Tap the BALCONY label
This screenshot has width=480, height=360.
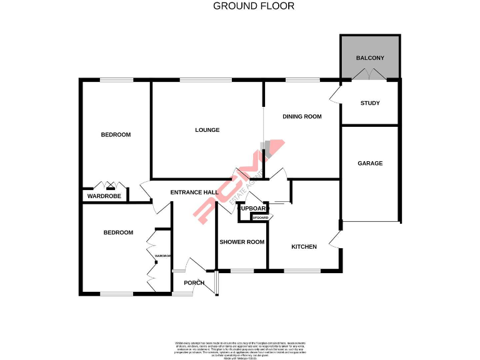pos(370,58)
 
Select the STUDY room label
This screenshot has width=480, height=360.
pos(370,103)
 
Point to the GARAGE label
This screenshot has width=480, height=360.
pos(370,163)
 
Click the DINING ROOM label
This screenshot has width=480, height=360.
pos(302,116)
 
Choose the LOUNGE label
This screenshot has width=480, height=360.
pos(207,130)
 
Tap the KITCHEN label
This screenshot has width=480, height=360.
pos(304,246)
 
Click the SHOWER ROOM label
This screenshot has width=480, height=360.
pos(241,242)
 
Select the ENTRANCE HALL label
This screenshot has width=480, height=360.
pos(194,192)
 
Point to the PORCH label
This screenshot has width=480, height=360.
pos(193,282)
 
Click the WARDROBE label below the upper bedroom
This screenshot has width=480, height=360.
pos(104,196)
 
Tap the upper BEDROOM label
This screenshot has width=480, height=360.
pos(116,134)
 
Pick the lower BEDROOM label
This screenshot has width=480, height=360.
pos(118,232)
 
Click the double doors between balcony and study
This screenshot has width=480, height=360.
pos(369,76)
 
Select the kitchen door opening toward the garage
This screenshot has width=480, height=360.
pos(338,238)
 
